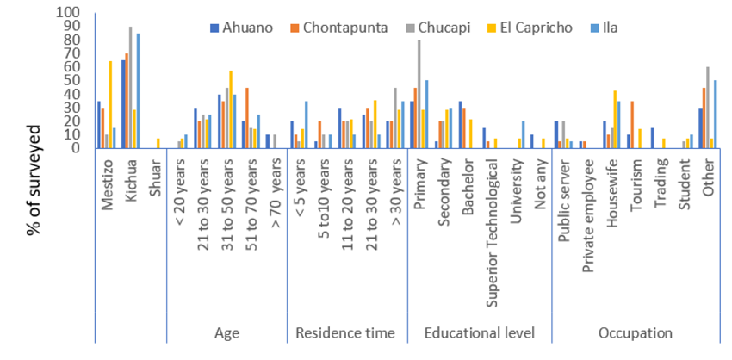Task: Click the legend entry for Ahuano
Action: (246, 27)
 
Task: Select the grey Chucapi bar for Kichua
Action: (131, 87)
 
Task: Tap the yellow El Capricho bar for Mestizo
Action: (110, 104)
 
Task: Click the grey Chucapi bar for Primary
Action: (420, 94)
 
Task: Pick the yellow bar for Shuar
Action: (158, 143)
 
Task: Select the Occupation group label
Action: (636, 332)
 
